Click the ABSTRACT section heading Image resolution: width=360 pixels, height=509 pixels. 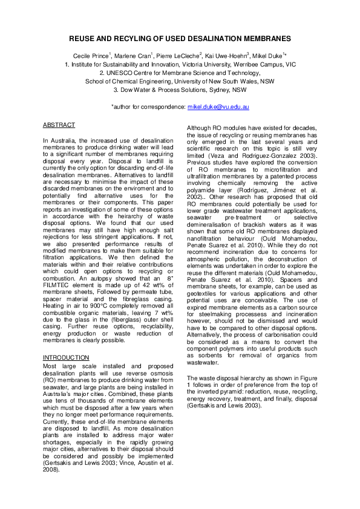pos(59,125)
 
